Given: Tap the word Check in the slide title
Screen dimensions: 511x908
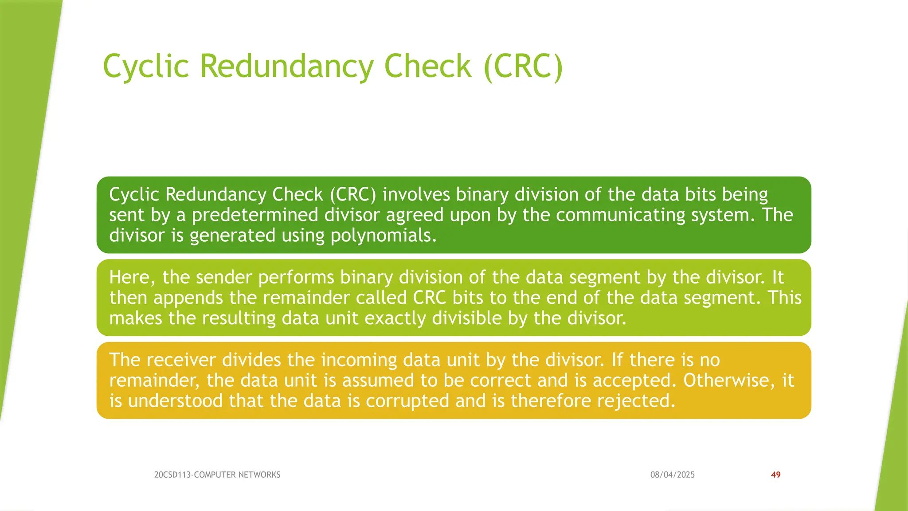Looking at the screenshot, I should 427,67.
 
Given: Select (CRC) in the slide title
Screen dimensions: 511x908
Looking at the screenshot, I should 523,67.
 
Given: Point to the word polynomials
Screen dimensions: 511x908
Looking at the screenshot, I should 384,236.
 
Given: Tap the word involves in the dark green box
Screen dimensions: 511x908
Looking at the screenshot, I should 416,195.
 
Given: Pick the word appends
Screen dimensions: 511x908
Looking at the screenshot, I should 188,298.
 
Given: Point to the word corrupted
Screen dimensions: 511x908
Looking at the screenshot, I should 407,401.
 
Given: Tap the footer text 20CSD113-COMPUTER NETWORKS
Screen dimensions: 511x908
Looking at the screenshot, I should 217,475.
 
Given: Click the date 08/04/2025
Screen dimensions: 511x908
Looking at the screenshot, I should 672,475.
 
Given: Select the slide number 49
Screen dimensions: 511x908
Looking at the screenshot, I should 775,475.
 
